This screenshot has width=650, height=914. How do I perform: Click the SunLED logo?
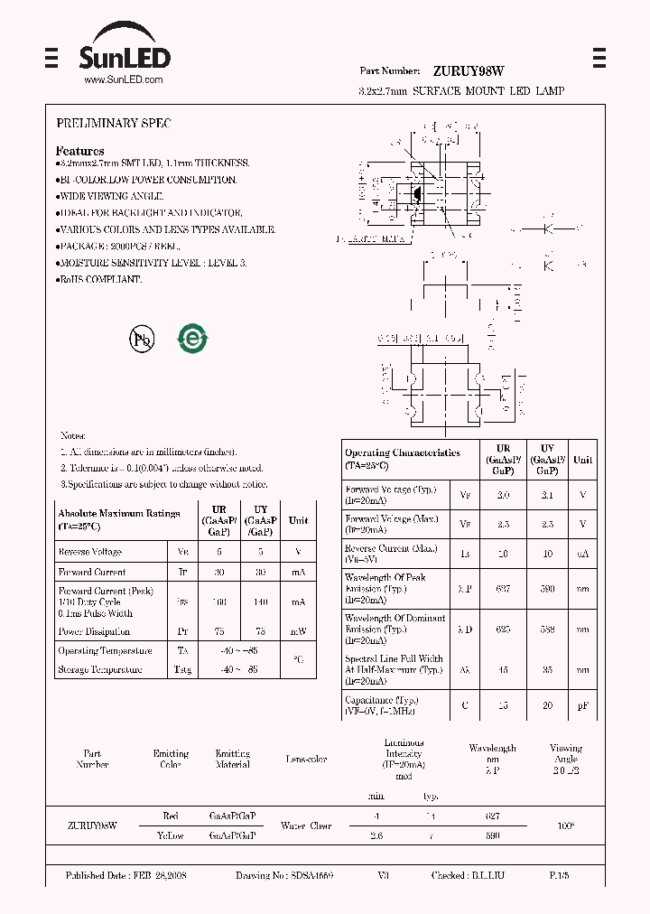[125, 53]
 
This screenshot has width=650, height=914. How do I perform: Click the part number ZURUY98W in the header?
[468, 70]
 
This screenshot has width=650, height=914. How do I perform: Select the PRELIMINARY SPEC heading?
[113, 123]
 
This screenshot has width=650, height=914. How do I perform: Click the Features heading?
[79, 151]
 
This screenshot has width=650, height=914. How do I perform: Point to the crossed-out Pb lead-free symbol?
[142, 339]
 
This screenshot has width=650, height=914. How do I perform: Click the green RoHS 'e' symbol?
[192, 339]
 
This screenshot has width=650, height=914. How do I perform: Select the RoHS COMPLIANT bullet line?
[99, 280]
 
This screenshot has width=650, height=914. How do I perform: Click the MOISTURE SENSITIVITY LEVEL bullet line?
[152, 263]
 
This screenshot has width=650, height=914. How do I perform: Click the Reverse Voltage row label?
[90, 552]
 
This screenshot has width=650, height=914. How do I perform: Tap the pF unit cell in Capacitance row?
[582, 705]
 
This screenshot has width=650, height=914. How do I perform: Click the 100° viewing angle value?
[566, 825]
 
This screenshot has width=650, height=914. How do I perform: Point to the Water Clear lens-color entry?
[307, 825]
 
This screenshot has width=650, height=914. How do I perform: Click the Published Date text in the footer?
[126, 876]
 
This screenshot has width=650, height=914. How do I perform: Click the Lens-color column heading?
[307, 760]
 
